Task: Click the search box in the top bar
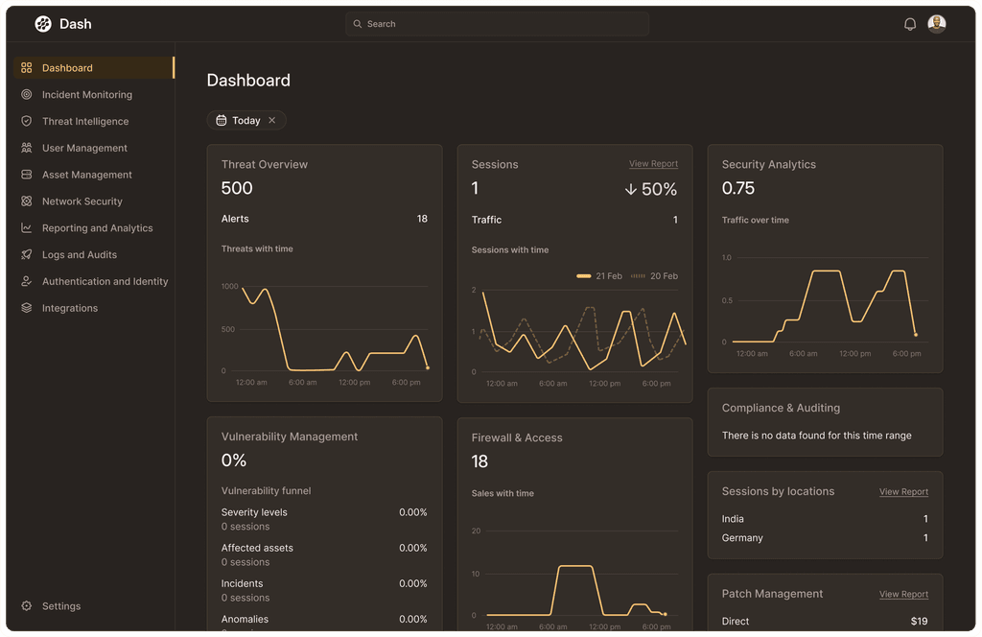tap(497, 24)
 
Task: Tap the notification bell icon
tap(910, 24)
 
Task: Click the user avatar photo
tap(937, 24)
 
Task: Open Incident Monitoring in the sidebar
tap(86, 95)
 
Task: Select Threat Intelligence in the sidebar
tap(84, 122)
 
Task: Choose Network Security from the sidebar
tap(82, 201)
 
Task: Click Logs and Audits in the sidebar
tap(79, 255)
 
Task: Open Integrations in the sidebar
tap(69, 308)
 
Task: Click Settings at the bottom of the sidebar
tap(60, 606)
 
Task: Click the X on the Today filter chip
tap(272, 121)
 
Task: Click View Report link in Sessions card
tap(653, 164)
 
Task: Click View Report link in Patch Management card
tap(903, 595)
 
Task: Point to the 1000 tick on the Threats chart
tap(229, 287)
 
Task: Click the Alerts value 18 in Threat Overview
tap(422, 219)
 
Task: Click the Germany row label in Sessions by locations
tap(742, 538)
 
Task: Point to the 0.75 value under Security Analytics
tap(738, 188)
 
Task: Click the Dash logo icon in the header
tap(43, 24)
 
